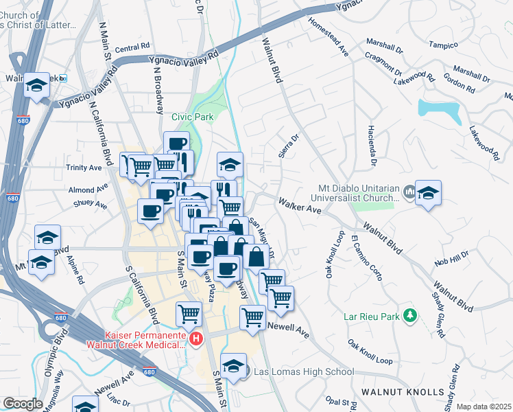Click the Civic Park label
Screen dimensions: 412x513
(x=192, y=117)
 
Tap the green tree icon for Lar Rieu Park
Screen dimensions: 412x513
(x=410, y=315)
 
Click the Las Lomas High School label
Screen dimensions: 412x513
(x=304, y=372)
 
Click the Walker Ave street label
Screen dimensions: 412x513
(x=300, y=204)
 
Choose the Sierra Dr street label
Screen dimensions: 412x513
(x=289, y=146)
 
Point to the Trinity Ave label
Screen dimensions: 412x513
(x=84, y=168)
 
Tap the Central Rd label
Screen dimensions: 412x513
(x=132, y=48)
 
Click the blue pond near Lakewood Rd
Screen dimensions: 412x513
(x=440, y=108)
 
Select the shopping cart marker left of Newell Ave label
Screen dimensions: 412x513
(x=253, y=317)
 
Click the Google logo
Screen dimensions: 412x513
(x=23, y=404)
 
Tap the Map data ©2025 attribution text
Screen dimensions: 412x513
(x=484, y=407)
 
